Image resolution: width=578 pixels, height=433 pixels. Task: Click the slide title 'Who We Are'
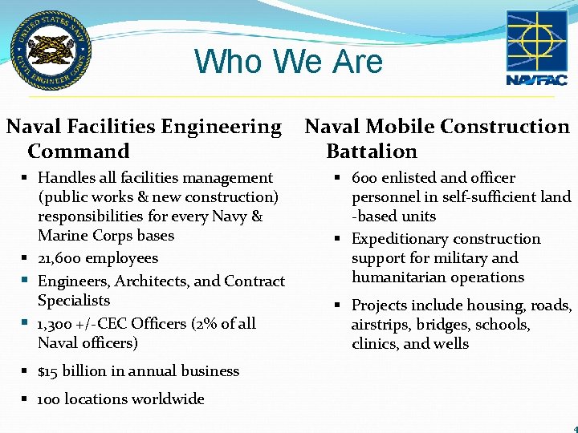(288, 62)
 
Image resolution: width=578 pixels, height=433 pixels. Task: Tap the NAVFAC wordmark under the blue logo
(536, 80)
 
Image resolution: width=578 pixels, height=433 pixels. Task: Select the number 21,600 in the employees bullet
(59, 258)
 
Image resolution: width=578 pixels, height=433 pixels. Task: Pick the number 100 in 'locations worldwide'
(48, 399)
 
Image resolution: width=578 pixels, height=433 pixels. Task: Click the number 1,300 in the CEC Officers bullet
(57, 324)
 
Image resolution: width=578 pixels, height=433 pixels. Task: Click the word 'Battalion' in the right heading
(372, 152)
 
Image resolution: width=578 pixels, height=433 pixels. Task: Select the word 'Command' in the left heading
(79, 152)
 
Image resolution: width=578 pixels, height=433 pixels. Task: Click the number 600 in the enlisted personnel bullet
(365, 178)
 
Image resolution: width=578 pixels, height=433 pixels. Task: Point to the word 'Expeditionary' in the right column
(398, 239)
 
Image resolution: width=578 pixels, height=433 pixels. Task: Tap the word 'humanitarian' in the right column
(397, 277)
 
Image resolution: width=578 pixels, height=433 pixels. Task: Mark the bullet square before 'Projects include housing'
(340, 306)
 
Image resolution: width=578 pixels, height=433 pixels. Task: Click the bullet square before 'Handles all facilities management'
(26, 178)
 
